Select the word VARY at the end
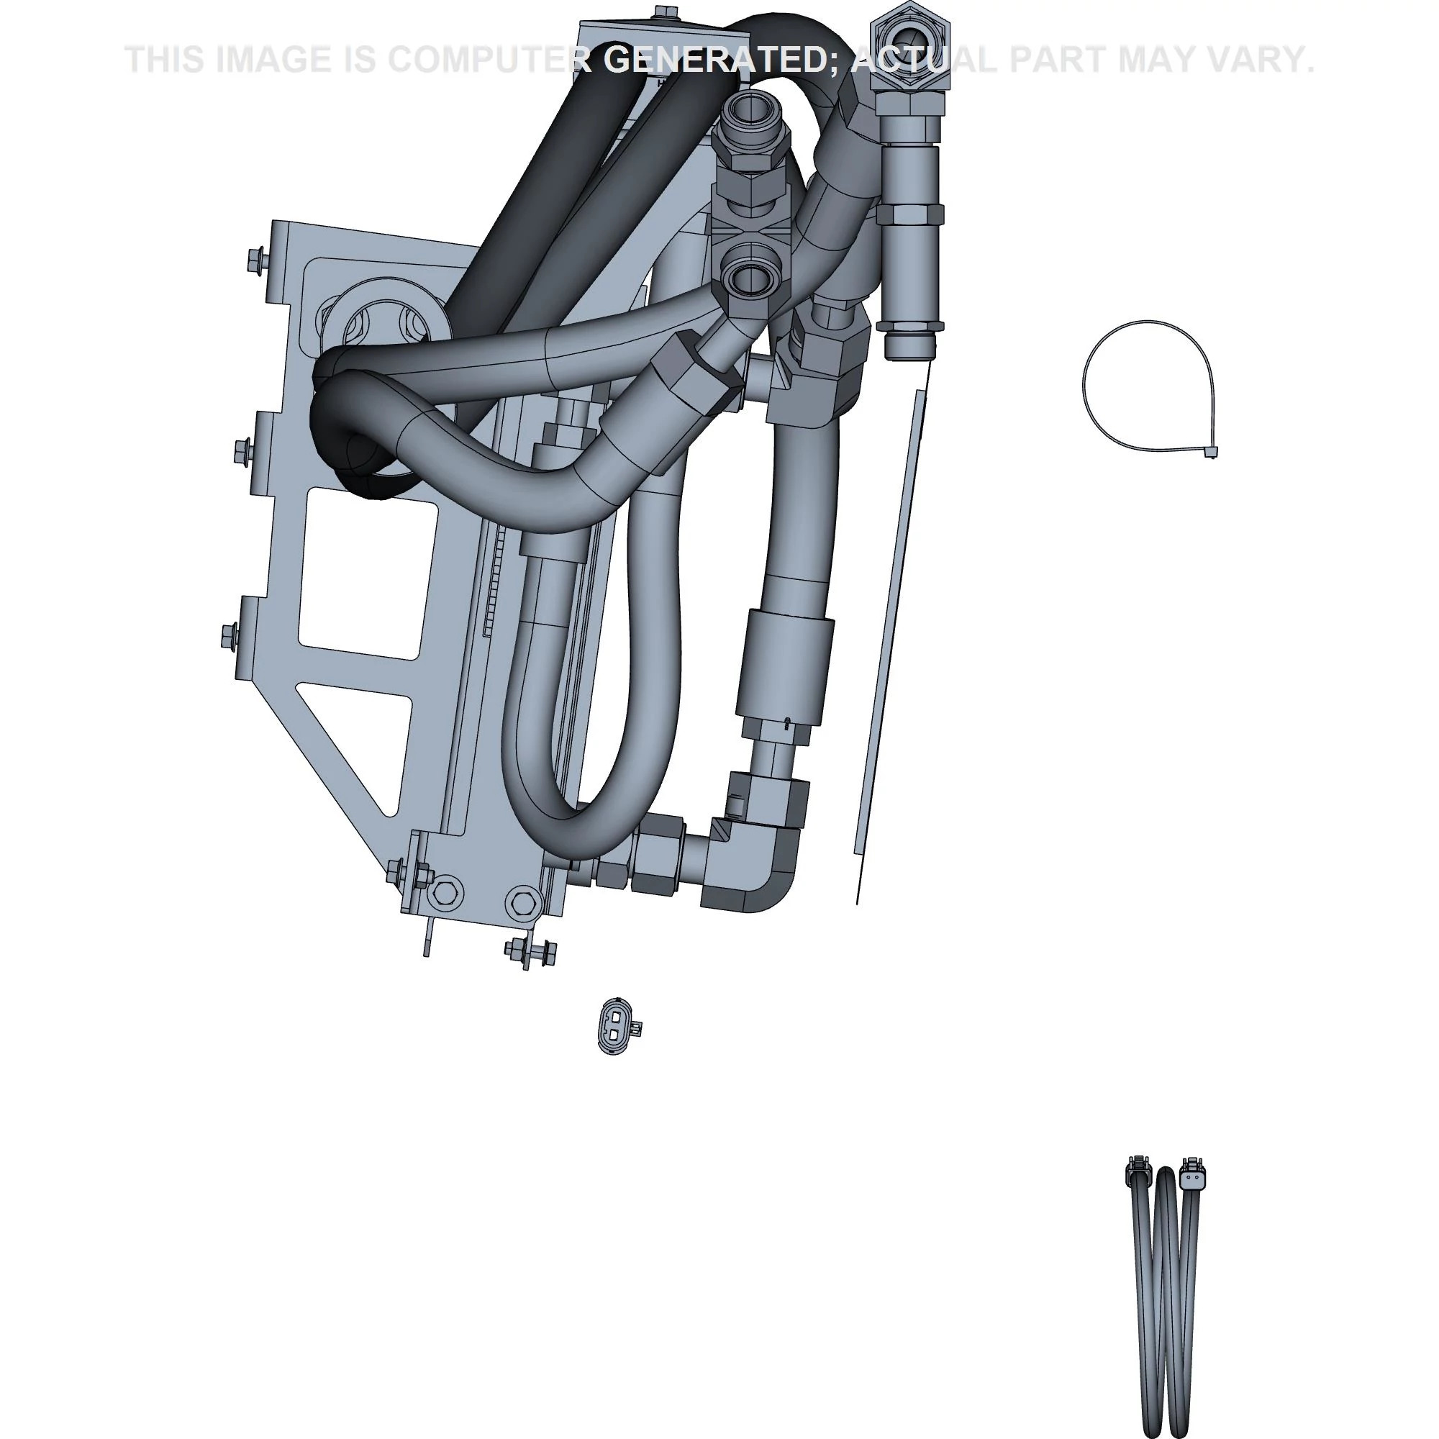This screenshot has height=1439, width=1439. click(1263, 60)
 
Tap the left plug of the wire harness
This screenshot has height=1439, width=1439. click(1136, 1176)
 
